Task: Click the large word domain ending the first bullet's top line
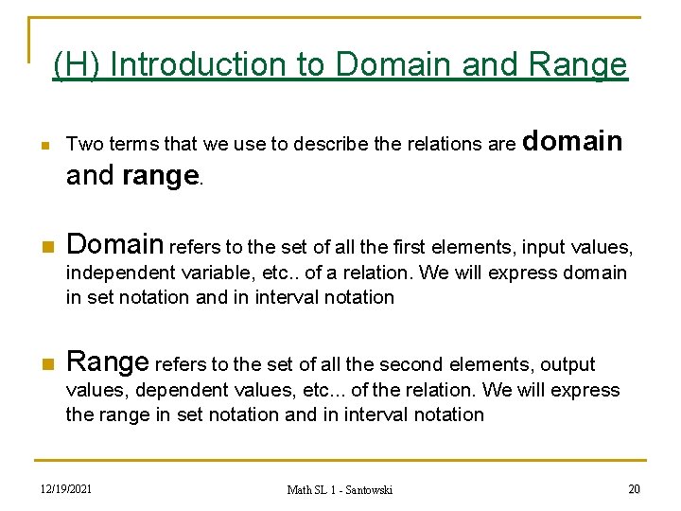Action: pyautogui.click(x=572, y=142)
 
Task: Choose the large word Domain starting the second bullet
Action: pyautogui.click(x=114, y=245)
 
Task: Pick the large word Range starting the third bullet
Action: pyautogui.click(x=107, y=361)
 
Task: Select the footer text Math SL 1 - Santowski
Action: pyautogui.click(x=340, y=489)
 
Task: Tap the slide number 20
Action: pyautogui.click(x=634, y=488)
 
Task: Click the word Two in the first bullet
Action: pyautogui.click(x=83, y=145)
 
